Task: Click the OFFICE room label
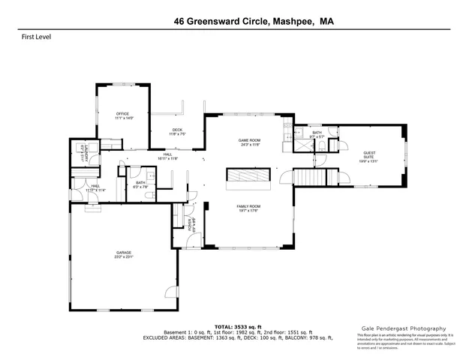[x=124, y=114]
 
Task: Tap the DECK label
[x=177, y=130]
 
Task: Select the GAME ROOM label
[x=249, y=141]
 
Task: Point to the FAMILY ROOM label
[x=248, y=206]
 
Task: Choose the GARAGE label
[x=124, y=252]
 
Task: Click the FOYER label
[x=191, y=223]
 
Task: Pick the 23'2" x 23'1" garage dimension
[x=124, y=256]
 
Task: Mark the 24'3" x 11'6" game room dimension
[x=249, y=145]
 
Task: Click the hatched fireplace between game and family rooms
[x=249, y=177]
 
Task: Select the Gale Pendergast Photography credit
[x=404, y=328]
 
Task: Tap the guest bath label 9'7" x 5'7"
[x=317, y=136]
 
